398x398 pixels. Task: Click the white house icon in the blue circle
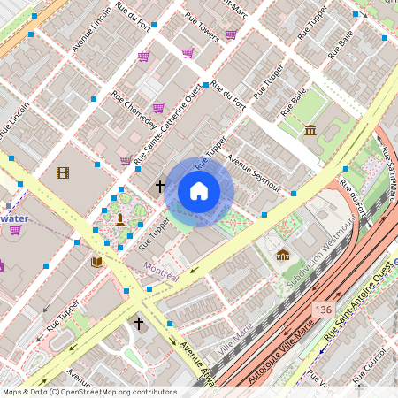point(199,191)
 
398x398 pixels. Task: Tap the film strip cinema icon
point(62,173)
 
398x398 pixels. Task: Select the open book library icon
point(96,262)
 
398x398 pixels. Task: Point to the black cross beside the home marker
point(160,187)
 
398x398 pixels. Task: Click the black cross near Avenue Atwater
point(138,324)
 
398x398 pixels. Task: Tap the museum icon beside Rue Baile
point(310,131)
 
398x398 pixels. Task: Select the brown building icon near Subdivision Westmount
point(282,256)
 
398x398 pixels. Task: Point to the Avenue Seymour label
point(254,172)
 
